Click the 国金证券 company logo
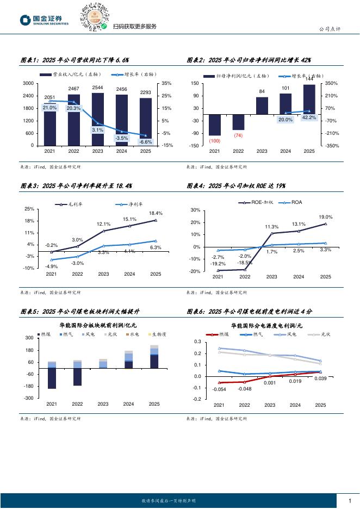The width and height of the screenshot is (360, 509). tap(45, 20)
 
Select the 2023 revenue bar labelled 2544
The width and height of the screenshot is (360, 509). tap(97, 119)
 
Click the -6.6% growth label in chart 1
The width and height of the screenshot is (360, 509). tap(145, 141)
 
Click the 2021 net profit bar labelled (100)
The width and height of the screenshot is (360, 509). tap(215, 125)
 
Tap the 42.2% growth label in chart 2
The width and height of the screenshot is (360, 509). tap(309, 117)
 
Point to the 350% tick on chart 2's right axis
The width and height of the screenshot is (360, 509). tap(332, 83)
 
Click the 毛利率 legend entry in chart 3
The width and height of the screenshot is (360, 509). tap(70, 204)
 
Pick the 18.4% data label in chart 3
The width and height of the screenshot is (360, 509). tap(156, 213)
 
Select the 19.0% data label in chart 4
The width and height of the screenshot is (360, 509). tap(326, 217)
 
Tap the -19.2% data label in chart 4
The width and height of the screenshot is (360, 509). tap(218, 263)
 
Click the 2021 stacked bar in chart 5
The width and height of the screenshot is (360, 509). tap(52, 375)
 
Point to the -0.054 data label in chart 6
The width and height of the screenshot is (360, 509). tap(219, 389)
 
